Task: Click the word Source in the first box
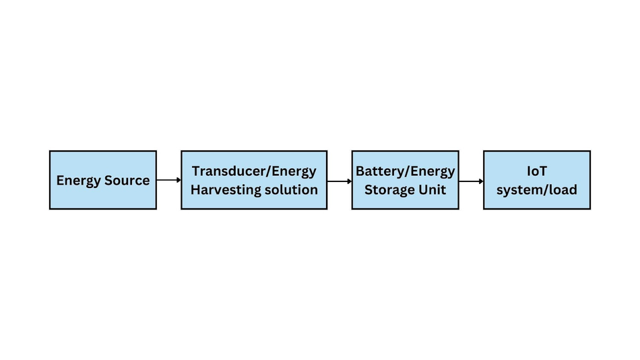click(x=127, y=180)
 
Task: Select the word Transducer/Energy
click(x=254, y=172)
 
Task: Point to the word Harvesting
click(x=223, y=190)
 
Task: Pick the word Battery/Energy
click(x=406, y=172)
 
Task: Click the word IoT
click(x=537, y=171)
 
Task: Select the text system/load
click(x=537, y=190)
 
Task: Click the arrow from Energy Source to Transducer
click(x=169, y=180)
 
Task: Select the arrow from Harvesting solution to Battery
click(x=340, y=181)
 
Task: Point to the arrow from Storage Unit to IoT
click(x=472, y=181)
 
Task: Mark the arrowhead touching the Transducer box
click(x=179, y=180)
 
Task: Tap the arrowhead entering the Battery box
click(x=350, y=181)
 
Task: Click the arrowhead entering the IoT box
click(x=481, y=181)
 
